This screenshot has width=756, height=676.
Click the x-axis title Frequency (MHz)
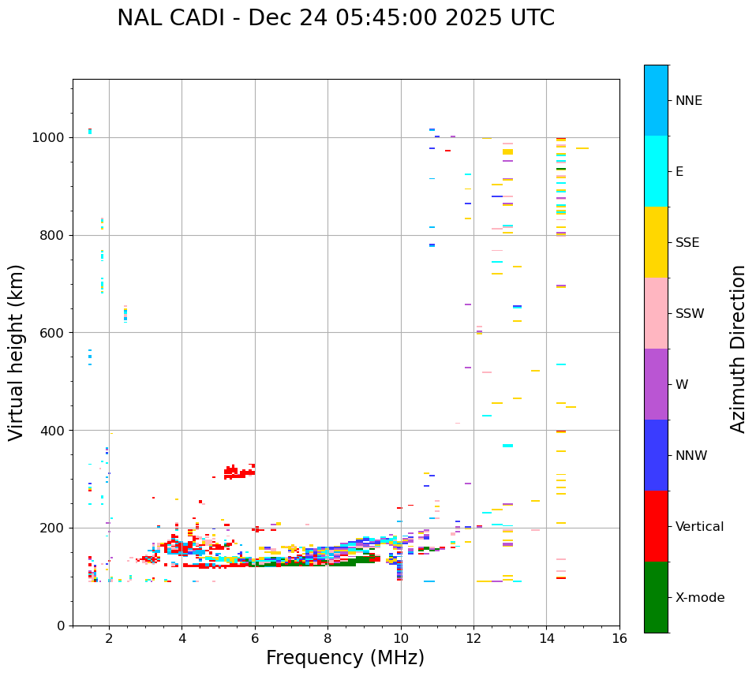tap(345, 658)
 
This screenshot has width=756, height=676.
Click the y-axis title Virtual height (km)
tap(17, 352)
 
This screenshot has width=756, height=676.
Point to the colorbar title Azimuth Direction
tap(738, 348)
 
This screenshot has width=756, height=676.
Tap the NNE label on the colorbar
tap(688, 101)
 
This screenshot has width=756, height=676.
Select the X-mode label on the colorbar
tap(699, 598)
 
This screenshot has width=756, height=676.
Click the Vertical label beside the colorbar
tap(699, 527)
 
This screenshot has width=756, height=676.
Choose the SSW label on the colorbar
tap(690, 314)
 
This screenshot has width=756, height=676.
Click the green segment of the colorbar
tap(656, 597)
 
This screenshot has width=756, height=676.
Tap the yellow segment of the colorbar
tap(656, 242)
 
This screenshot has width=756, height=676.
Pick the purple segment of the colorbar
tap(656, 384)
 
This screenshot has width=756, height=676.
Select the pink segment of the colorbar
tap(656, 313)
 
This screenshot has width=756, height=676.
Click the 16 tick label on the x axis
tap(619, 638)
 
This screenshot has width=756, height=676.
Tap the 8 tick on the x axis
tap(327, 638)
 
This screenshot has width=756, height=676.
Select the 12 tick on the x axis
tap(473, 638)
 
